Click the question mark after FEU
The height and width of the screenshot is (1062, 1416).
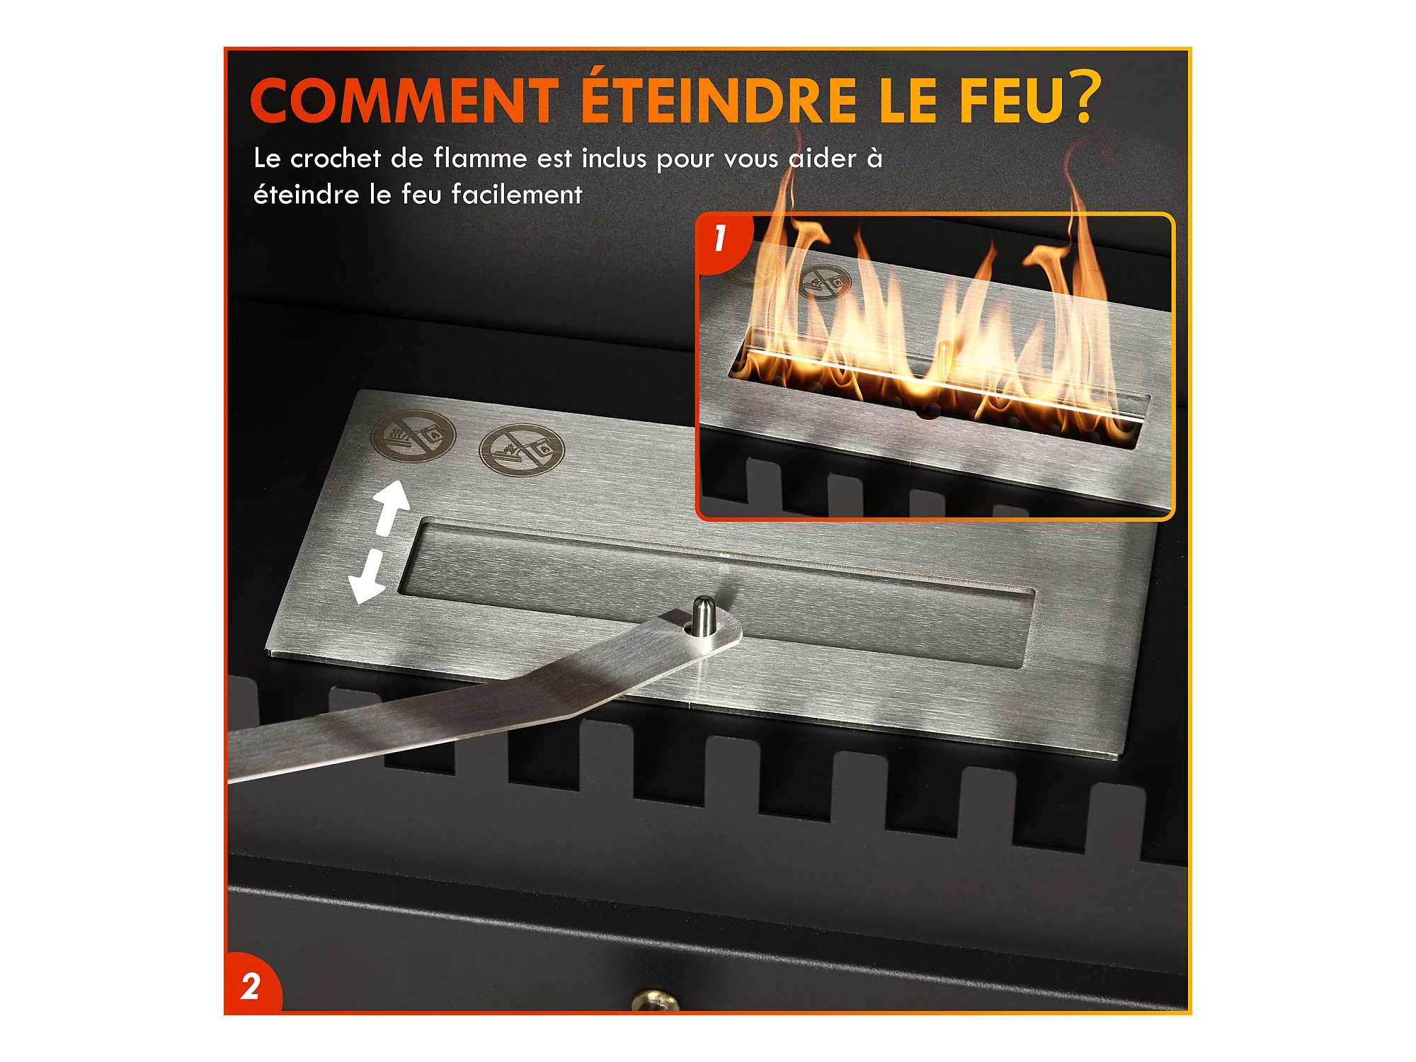(1086, 96)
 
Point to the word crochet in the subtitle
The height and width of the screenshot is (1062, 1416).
(336, 158)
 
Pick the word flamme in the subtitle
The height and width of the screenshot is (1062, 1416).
(480, 158)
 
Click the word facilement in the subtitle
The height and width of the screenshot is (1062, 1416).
(517, 194)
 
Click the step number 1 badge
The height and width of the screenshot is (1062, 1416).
(721, 239)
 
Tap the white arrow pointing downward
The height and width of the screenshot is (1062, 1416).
(367, 577)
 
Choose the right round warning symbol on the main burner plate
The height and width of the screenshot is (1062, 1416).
(522, 450)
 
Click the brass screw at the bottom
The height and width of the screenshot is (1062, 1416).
(656, 1000)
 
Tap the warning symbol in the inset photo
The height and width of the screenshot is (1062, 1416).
(824, 282)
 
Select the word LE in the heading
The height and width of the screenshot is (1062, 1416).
(908, 100)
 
